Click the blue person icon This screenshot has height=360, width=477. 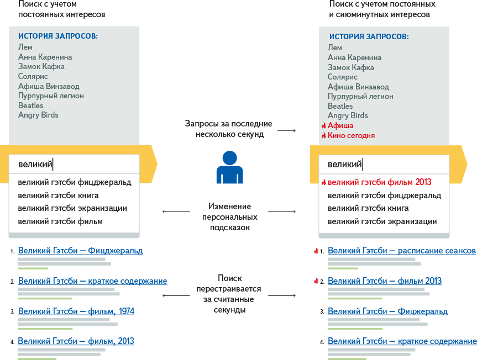point(229,167)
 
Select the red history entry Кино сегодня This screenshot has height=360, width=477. point(351,135)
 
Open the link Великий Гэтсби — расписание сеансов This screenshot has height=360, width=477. point(401,251)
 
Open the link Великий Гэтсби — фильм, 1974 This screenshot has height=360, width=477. point(76,311)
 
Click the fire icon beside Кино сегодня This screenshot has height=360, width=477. point(324,135)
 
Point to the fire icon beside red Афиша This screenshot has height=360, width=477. point(324,125)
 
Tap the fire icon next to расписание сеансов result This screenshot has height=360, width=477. point(316,251)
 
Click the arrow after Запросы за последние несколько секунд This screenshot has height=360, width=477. point(286,130)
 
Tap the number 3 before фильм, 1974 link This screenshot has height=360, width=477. point(12,312)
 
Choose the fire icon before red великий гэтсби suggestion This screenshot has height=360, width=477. point(324,182)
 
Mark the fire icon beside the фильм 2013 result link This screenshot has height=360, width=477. point(316,281)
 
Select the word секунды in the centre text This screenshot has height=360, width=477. point(229,310)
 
